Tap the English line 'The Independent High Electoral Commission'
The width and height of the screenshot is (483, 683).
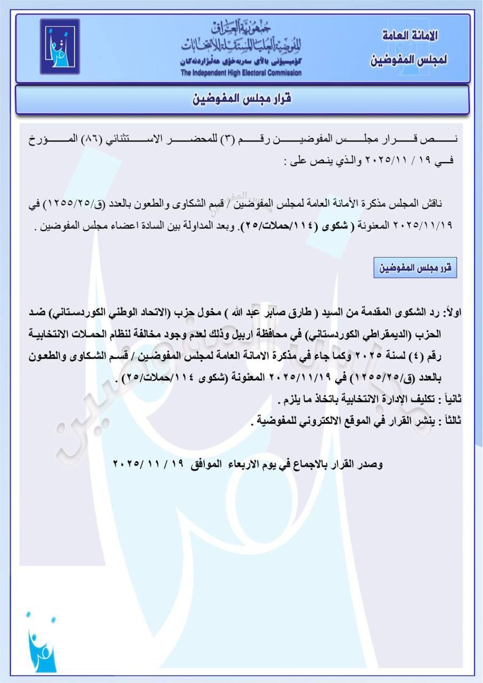(241, 73)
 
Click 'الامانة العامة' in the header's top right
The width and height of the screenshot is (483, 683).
(411, 36)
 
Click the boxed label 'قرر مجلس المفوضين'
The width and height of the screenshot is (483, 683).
(415, 268)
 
